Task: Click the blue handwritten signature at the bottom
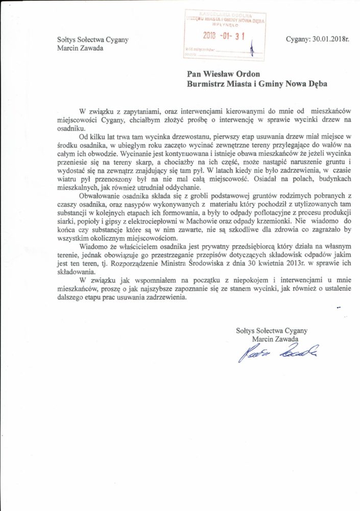tap(278, 352)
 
